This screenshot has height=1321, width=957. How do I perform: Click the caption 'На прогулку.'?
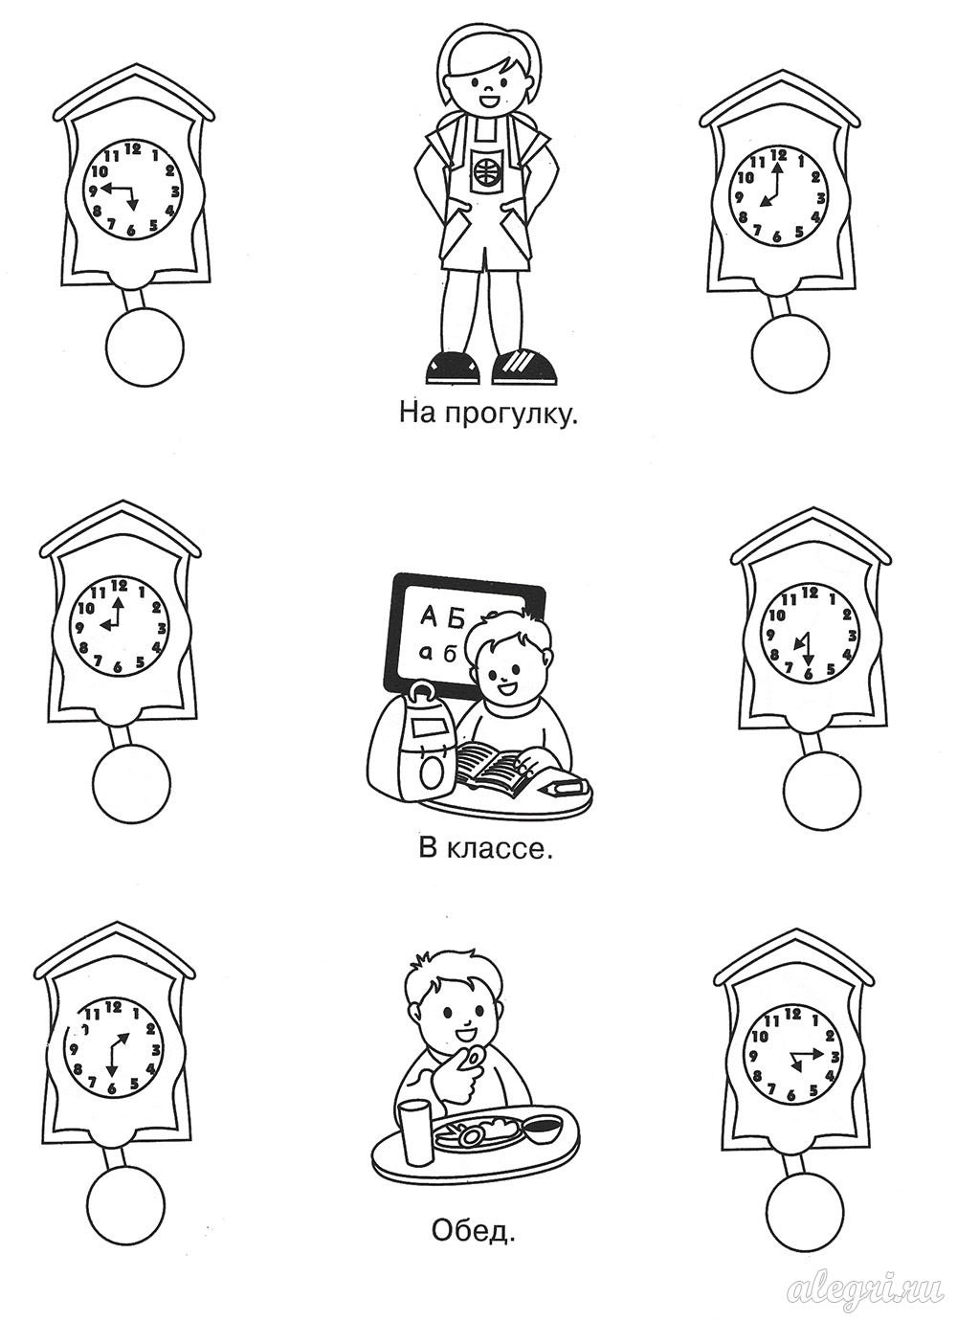click(x=487, y=414)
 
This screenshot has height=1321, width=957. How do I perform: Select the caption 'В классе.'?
click(x=486, y=850)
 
